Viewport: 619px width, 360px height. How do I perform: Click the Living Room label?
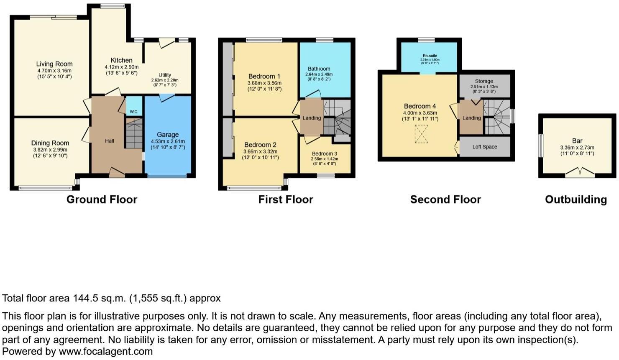pyautogui.click(x=54, y=64)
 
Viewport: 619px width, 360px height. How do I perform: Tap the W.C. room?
pyautogui.click(x=134, y=111)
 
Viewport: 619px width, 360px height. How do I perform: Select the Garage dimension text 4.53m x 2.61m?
pyautogui.click(x=168, y=141)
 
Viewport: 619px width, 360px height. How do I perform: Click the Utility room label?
pyautogui.click(x=165, y=75)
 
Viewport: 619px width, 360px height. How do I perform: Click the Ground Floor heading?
pyautogui.click(x=102, y=199)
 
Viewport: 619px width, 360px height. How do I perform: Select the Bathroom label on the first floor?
pyautogui.click(x=319, y=69)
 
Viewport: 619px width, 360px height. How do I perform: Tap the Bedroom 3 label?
pyautogui.click(x=324, y=154)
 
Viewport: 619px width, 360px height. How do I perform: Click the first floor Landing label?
pyautogui.click(x=312, y=118)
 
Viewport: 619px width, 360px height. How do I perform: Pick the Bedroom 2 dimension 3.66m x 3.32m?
pyautogui.click(x=260, y=152)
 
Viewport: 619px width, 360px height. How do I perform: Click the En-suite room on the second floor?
pyautogui.click(x=430, y=56)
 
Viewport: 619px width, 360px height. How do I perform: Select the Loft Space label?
pyautogui.click(x=485, y=147)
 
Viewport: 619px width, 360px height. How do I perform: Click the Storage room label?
pyautogui.click(x=484, y=82)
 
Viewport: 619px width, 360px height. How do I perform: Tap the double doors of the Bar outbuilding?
pyautogui.click(x=580, y=173)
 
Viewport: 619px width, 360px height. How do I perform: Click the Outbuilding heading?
pyautogui.click(x=576, y=199)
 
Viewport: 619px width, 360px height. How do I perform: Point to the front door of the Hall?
pyautogui.click(x=117, y=173)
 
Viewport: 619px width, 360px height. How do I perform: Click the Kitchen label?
pyautogui.click(x=121, y=61)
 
